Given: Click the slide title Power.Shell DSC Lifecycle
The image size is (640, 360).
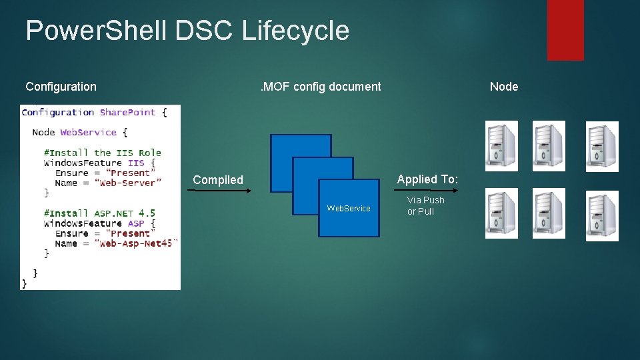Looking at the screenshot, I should pos(187,31).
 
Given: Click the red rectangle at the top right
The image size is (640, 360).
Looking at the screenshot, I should pos(565,29).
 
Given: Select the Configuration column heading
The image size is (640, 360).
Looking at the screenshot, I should pos(61,86).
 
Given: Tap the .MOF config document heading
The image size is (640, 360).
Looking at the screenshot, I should pos(321,86).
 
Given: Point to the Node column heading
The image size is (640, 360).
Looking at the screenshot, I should pos(504,86).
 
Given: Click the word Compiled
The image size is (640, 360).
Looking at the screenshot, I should pos(218,180).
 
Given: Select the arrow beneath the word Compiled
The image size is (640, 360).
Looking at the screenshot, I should pos(219,191).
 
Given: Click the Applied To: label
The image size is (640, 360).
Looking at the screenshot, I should pos(427,179).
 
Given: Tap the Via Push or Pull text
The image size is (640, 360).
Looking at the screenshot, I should pos(425,205).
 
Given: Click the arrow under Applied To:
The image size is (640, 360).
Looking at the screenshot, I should pos(426,191).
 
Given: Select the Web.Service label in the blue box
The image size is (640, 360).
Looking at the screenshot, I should pos(348,209).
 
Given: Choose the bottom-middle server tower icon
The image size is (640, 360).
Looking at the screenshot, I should pos(549,213).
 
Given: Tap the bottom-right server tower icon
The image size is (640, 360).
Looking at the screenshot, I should pos(602,215).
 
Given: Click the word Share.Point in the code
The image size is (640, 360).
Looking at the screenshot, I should pos(127,113).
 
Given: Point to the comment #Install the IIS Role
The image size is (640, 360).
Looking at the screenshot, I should pos(103,153).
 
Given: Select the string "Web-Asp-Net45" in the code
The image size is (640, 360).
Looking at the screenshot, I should pos(135,243).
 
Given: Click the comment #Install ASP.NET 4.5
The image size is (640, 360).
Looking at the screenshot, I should pos(99,213).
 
